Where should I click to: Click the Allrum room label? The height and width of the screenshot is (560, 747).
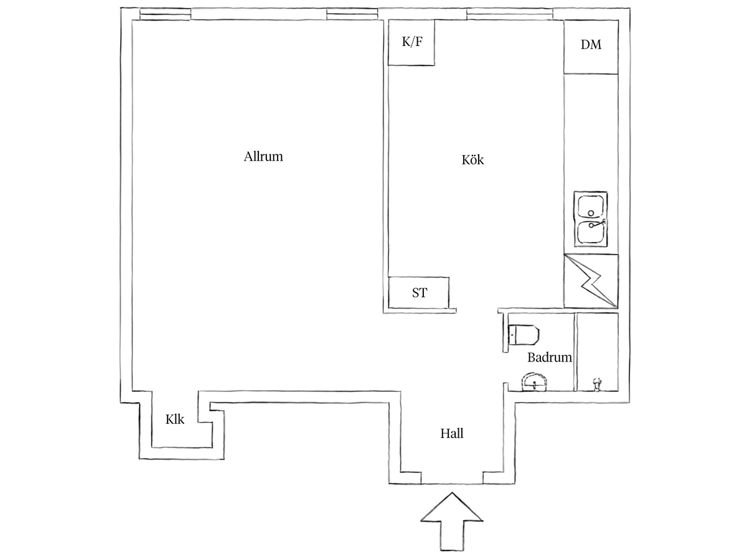pos(263,156)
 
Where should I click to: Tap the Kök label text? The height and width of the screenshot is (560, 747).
pos(472,159)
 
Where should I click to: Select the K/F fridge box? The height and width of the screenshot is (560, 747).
pos(411,42)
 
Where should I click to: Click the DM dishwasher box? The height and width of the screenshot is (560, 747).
pos(591,47)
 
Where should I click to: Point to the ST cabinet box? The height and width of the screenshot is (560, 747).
pos(418,292)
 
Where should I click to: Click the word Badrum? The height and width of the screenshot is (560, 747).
pos(549,357)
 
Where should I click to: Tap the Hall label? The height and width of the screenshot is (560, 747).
pos(451,434)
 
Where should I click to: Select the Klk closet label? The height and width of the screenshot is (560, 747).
pos(174,419)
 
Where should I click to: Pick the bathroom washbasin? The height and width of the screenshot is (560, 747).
pos(534,383)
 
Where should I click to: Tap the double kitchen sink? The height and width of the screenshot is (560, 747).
pos(591,219)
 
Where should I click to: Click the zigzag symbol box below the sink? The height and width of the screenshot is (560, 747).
pos(591,281)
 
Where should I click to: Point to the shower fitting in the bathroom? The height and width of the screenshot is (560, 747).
pos(596,384)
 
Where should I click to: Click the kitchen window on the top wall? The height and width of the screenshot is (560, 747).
pos(509,14)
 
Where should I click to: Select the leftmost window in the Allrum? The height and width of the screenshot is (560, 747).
pos(165,14)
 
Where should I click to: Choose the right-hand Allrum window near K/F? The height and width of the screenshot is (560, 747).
pos(352,14)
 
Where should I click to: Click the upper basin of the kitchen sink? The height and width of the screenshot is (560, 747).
pos(591,206)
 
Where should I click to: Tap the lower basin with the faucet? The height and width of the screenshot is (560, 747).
pos(591,232)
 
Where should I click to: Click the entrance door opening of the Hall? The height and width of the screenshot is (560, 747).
pos(451,483)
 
